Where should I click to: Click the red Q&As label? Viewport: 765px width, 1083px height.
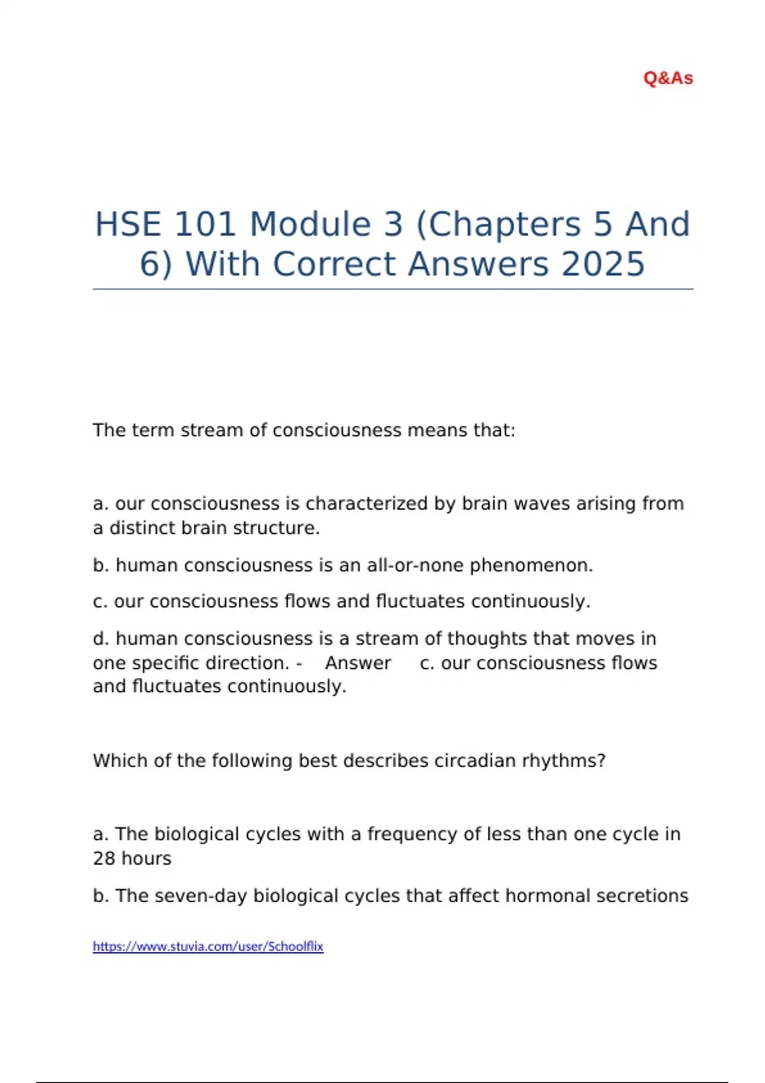[x=668, y=78]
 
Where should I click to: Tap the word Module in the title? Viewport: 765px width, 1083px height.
[x=310, y=224]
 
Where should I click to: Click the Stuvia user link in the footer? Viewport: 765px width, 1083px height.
[x=208, y=946]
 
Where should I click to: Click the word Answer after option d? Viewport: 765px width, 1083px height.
[x=358, y=663]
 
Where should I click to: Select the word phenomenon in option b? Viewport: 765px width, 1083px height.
[x=531, y=566]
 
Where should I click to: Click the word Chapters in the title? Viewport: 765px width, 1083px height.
[x=498, y=224]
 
